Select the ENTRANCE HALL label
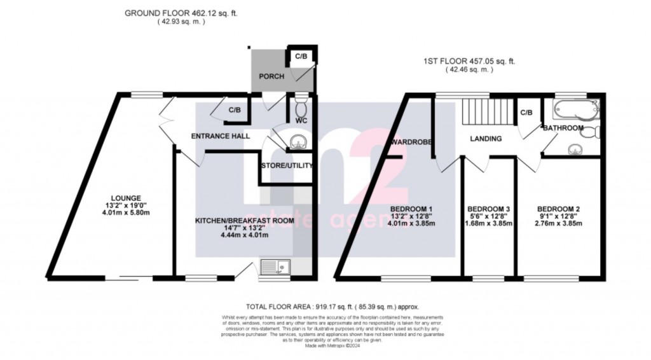coord(221,136)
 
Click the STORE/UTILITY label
coord(287,166)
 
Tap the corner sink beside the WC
coord(296,142)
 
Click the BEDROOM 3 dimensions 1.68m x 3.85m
coord(489,223)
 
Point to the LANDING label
coord(486,139)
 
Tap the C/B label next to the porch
coord(301,57)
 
